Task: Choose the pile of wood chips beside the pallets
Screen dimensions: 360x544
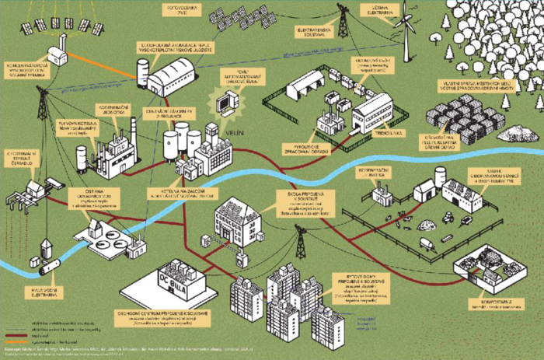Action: tap(518, 133)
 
